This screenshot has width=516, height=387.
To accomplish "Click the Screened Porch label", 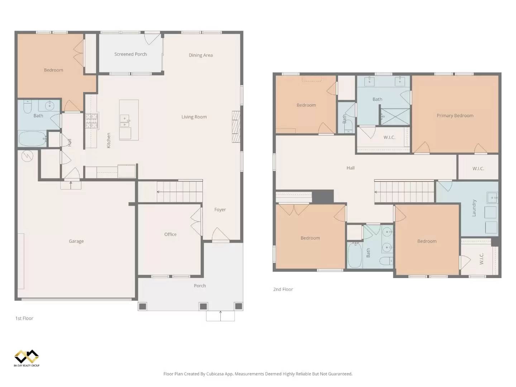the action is pyautogui.click(x=130, y=54).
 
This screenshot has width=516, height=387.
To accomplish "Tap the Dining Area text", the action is pyautogui.click(x=201, y=55).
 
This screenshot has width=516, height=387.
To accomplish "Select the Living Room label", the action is pyautogui.click(x=194, y=117).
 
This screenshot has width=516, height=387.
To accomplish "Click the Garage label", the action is pyautogui.click(x=76, y=241).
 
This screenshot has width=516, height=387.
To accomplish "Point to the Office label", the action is pyautogui.click(x=170, y=234).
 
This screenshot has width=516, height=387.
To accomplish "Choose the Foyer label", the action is pyautogui.click(x=220, y=210).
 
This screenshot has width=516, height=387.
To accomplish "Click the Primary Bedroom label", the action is pyautogui.click(x=455, y=116).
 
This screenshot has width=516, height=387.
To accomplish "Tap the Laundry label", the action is pyautogui.click(x=474, y=208).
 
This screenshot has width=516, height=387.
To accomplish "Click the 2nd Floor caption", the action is pyautogui.click(x=283, y=289).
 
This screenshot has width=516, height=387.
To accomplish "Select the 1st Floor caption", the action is pyautogui.click(x=24, y=318).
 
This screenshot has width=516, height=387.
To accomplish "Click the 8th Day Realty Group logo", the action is pyautogui.click(x=27, y=358).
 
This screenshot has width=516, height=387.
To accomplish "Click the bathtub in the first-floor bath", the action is pyautogui.click(x=33, y=138).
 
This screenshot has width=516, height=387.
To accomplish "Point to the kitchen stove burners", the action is pyautogui.click(x=91, y=121).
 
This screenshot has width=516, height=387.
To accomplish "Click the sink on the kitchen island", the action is pyautogui.click(x=125, y=121).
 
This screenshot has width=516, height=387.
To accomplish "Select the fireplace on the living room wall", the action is pyautogui.click(x=236, y=126).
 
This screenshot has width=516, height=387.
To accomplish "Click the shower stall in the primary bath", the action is pyautogui.click(x=395, y=116).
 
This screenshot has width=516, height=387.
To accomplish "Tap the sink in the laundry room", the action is pyautogui.click(x=492, y=197).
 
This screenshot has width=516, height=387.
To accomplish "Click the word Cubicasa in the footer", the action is pyautogui.click(x=215, y=374).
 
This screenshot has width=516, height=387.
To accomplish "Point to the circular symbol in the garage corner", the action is pyautogui.click(x=27, y=156).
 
